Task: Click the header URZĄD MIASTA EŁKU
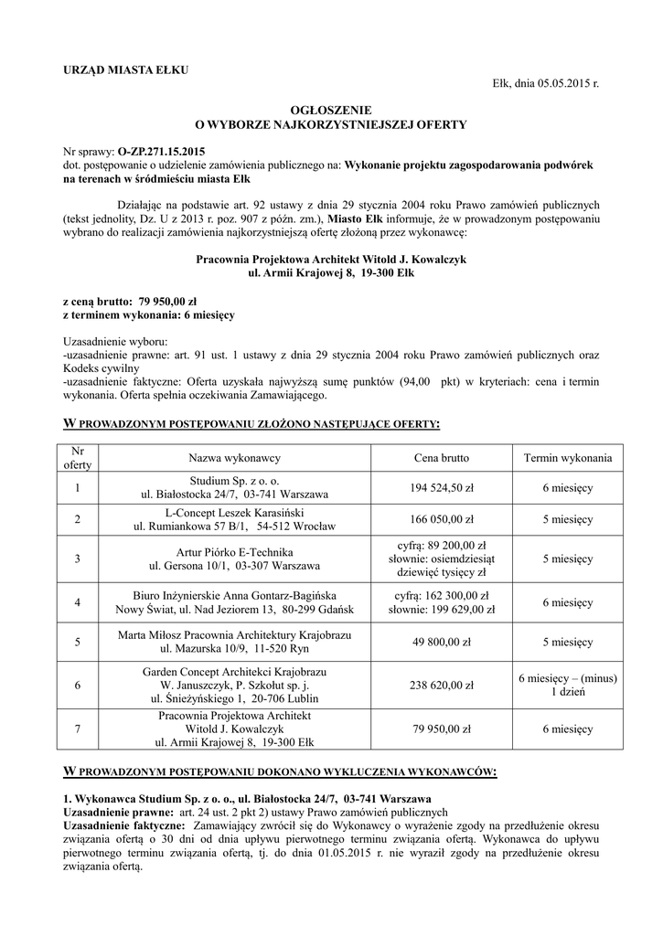coord(125,71)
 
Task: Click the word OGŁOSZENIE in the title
coord(331,109)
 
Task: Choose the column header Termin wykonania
coord(568,457)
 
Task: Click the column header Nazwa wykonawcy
coord(234,457)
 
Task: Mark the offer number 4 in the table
coord(78,602)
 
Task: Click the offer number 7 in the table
coord(78,729)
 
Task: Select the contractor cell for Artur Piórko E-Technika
coord(234,558)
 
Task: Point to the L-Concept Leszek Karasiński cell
coord(234,519)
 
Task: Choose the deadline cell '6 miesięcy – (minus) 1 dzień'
coord(568,684)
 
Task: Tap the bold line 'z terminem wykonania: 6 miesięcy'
coord(149,314)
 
